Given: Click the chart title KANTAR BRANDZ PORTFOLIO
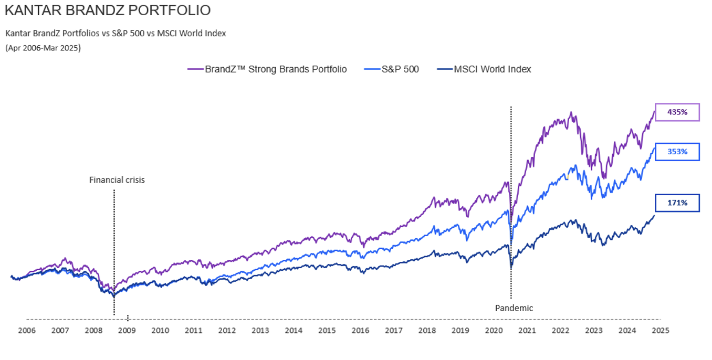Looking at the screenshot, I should pos(108,10).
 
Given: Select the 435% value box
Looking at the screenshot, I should pos(677,112).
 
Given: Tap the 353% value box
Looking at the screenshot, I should pos(677,152).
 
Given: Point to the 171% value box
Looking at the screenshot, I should pos(677,203).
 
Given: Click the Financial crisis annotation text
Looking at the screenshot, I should pos(117,180).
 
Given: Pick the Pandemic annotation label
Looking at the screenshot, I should pos(514,308).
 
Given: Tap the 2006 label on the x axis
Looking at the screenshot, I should pos(27,331).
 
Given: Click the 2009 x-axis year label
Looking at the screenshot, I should pos(127,331).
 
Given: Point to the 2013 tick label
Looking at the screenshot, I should pos(260,331).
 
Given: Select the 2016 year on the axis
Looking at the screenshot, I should pos(360,331).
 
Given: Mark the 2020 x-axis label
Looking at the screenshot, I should pos(494,331).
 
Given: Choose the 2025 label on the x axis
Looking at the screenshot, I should pos(660,331).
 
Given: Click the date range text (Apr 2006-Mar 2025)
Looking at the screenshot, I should pos(43,48).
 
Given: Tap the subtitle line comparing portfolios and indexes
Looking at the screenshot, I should pos(116,33).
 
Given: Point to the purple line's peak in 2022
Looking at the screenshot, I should pos(571,112).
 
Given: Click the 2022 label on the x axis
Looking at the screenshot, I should pos(560,331).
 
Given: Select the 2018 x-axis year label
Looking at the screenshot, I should pos(427,331).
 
